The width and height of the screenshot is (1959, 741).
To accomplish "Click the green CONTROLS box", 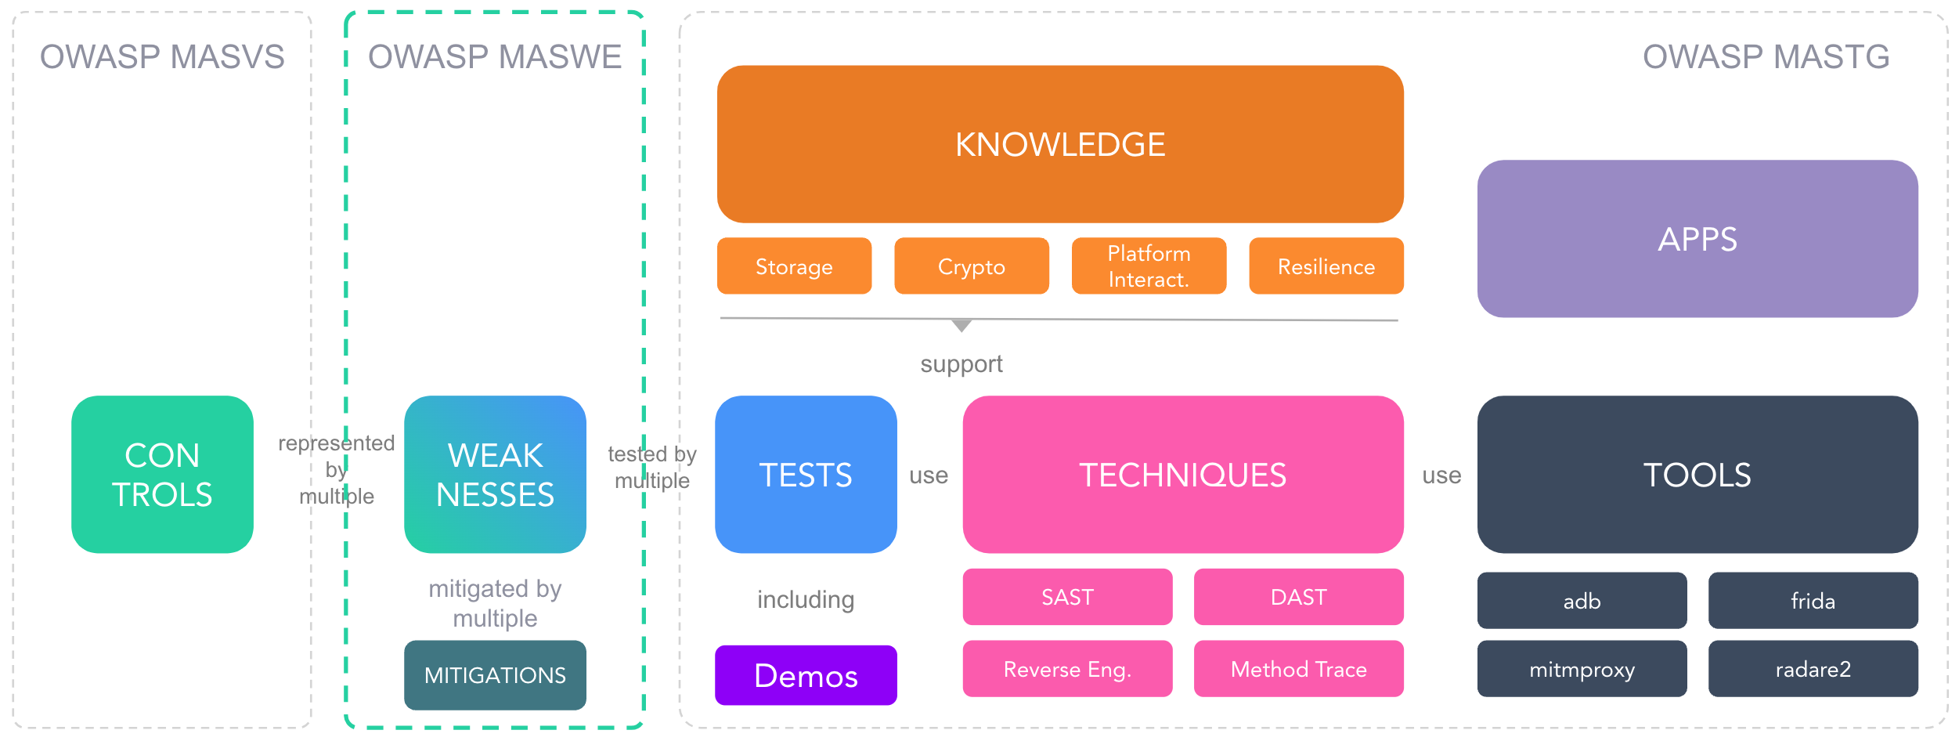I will (x=162, y=474).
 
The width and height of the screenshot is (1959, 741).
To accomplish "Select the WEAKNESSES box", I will (x=495, y=474).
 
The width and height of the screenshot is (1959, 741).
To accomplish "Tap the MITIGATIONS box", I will (x=495, y=674).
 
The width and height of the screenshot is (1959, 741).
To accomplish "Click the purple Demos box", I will (x=806, y=674).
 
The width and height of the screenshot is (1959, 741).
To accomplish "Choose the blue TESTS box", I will (x=806, y=474).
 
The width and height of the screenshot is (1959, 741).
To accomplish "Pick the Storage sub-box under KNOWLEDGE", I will (x=794, y=266).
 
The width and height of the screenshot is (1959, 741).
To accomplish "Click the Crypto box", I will (x=971, y=266).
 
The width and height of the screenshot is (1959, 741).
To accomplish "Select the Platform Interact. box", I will (x=1149, y=266).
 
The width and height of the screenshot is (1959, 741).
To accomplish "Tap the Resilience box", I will (x=1326, y=266).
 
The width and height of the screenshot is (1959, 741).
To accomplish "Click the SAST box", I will (x=1067, y=597).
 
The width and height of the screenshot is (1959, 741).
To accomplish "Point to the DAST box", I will (x=1298, y=597).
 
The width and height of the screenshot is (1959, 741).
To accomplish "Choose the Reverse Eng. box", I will (x=1067, y=669).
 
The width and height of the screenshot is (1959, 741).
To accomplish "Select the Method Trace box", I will (x=1298, y=669).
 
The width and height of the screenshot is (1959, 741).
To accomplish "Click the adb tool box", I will (x=1582, y=601).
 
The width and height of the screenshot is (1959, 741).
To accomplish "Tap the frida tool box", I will (x=1813, y=601).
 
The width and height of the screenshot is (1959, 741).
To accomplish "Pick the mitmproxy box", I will (x=1582, y=669).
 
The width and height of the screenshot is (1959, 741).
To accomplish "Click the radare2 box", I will (x=1813, y=669).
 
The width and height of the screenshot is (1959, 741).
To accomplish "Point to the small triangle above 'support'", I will (x=961, y=325).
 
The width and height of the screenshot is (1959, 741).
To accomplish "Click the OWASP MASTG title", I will (x=1766, y=56).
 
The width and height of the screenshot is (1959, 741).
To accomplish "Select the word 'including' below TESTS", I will (x=806, y=599).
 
